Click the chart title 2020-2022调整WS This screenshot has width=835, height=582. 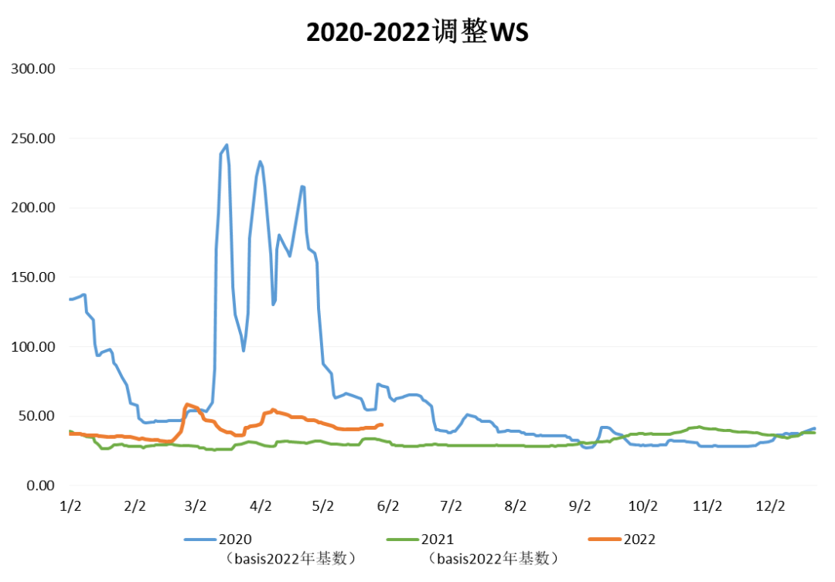tap(417, 32)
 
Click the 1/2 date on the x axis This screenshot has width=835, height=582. tap(70, 506)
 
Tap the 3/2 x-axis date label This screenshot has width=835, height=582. tap(197, 506)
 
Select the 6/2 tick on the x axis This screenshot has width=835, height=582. tap(388, 506)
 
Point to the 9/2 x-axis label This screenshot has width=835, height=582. tap(579, 506)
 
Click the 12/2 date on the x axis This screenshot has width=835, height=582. tap(770, 506)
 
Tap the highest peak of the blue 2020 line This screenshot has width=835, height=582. tap(227, 145)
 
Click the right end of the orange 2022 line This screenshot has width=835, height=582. tap(382, 424)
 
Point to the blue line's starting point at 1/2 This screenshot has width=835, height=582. tap(70, 299)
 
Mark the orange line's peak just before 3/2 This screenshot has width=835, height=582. tap(187, 404)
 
